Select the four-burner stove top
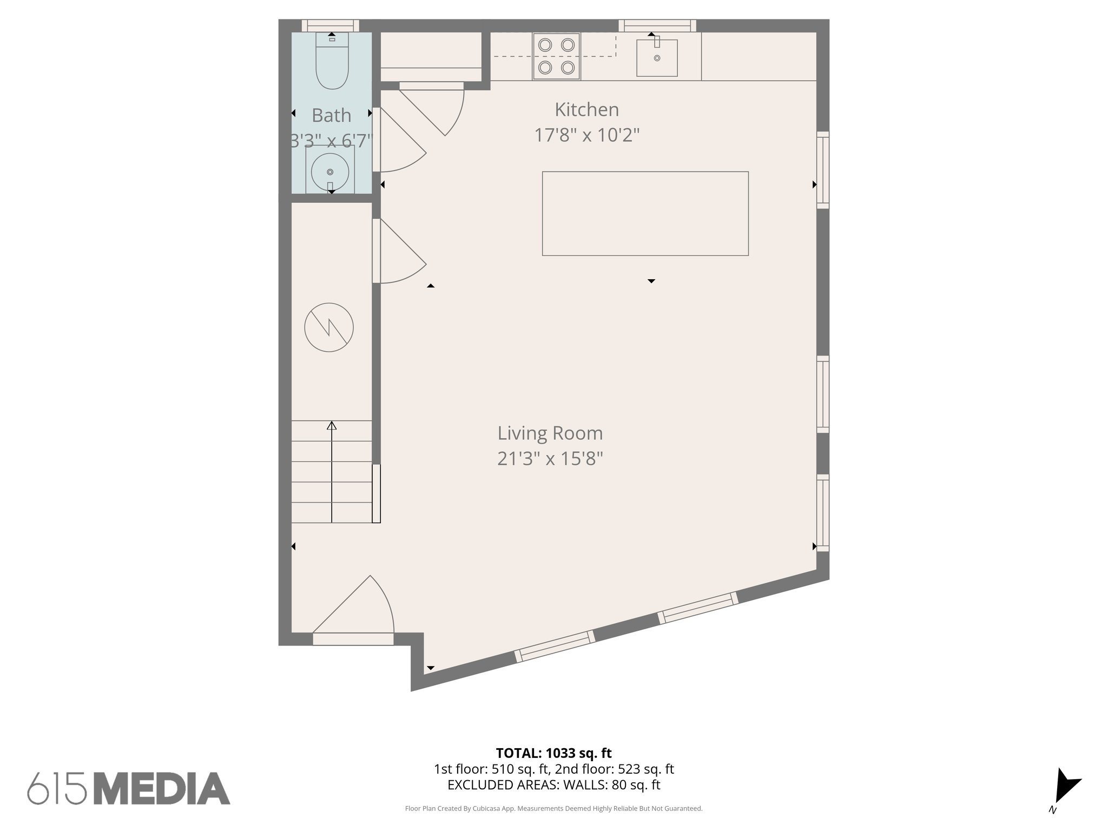click(x=556, y=56)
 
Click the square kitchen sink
click(x=657, y=58)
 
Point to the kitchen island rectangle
click(x=645, y=213)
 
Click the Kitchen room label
click(x=586, y=110)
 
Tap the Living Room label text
click(x=550, y=433)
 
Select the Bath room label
click(x=331, y=116)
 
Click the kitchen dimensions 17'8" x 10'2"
click(x=586, y=135)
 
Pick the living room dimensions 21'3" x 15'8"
click(x=550, y=459)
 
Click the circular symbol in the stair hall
click(x=329, y=327)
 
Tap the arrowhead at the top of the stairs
click(x=332, y=426)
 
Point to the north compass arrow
click(x=1065, y=790)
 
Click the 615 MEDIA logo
click(x=129, y=788)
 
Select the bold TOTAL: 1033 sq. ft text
click(x=553, y=753)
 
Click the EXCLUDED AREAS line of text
click(x=553, y=785)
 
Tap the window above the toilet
click(x=330, y=25)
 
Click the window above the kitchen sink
click(x=657, y=25)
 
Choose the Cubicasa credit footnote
click(x=553, y=809)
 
